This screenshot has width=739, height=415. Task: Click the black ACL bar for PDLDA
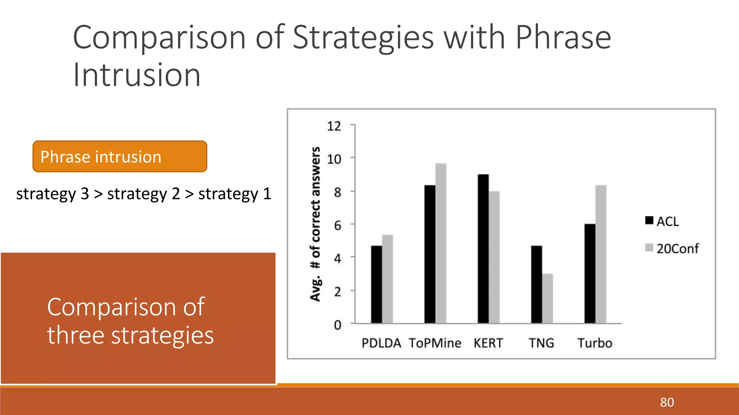376,285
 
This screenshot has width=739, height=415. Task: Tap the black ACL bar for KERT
483,249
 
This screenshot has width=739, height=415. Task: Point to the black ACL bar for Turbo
590,274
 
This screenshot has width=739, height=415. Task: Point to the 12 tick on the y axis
334,126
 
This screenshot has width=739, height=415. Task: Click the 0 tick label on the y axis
337,325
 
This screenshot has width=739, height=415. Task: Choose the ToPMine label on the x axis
435,343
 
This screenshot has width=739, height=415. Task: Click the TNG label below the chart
541,343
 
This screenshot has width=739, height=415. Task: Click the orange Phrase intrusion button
120,157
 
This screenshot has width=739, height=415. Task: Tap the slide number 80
667,402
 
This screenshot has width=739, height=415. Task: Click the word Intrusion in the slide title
136,75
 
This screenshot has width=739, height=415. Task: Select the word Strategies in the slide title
363,38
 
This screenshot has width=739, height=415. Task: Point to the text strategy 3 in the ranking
53,194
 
